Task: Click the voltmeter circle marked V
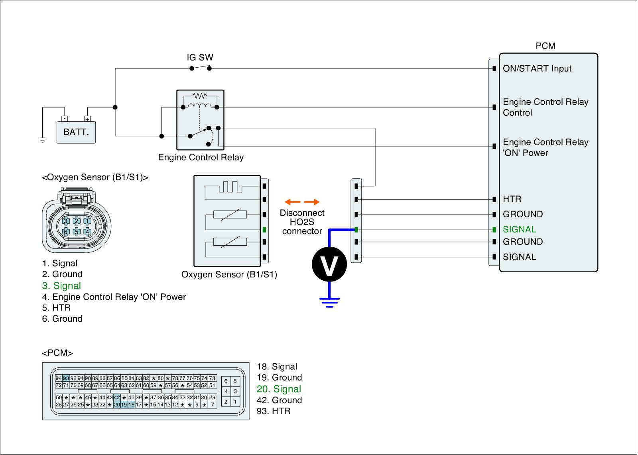pyautogui.click(x=329, y=264)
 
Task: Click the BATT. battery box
pyautogui.click(x=76, y=133)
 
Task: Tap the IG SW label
pyautogui.click(x=200, y=57)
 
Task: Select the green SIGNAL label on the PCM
pyautogui.click(x=519, y=229)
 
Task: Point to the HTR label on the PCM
pyautogui.click(x=512, y=199)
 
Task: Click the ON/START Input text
pyautogui.click(x=537, y=68)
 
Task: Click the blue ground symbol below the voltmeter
pyautogui.click(x=329, y=303)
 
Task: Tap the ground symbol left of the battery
pyautogui.click(x=42, y=140)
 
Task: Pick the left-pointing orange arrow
pyautogui.click(x=293, y=202)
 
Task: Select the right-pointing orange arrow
pyautogui.click(x=311, y=202)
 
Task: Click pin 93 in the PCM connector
pyautogui.click(x=66, y=378)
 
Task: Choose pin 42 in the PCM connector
pyautogui.click(x=117, y=397)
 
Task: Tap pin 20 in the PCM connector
pyautogui.click(x=117, y=405)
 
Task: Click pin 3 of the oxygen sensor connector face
pyautogui.click(x=66, y=221)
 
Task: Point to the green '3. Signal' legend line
pyautogui.click(x=61, y=285)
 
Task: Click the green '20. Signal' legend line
pyautogui.click(x=279, y=389)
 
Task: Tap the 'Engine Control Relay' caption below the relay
pyautogui.click(x=201, y=157)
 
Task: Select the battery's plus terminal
pyautogui.click(x=87, y=119)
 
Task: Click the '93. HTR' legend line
pyautogui.click(x=274, y=411)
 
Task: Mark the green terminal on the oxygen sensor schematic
pyautogui.click(x=264, y=230)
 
